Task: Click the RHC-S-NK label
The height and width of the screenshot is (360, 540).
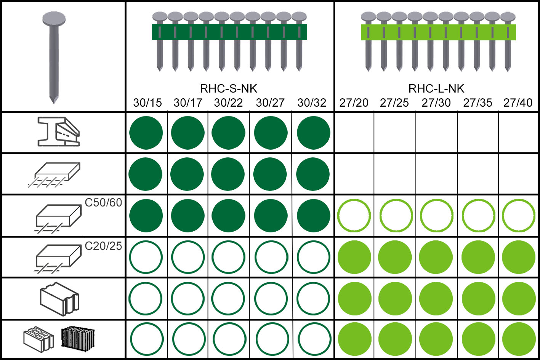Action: (229, 89)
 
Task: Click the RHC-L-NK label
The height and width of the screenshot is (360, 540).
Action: (436, 89)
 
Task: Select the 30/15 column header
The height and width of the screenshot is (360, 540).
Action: (147, 103)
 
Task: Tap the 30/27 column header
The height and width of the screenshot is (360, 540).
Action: (270, 103)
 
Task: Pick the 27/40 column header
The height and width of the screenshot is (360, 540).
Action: (518, 103)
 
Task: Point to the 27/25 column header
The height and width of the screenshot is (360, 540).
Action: (394, 103)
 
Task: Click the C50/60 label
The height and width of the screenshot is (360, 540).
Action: (103, 203)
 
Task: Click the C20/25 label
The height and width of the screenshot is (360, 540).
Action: (103, 246)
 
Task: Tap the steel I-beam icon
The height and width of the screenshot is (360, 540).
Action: (59, 132)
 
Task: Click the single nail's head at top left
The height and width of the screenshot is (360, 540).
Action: (54, 18)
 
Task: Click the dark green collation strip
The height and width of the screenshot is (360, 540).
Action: (229, 32)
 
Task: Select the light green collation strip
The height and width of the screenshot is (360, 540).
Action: (438, 32)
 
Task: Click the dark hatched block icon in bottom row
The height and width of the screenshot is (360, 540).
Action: (78, 338)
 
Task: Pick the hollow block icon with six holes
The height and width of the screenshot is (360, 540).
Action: (38, 338)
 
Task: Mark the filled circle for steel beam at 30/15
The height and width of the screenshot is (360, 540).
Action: (146, 133)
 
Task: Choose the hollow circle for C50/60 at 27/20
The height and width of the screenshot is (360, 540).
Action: (354, 216)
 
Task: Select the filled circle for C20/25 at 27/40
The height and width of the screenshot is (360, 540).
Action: (519, 257)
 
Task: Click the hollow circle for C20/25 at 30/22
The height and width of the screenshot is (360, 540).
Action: (228, 257)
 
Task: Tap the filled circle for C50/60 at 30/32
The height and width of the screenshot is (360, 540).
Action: (313, 216)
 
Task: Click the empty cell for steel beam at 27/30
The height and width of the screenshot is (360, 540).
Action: (436, 133)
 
